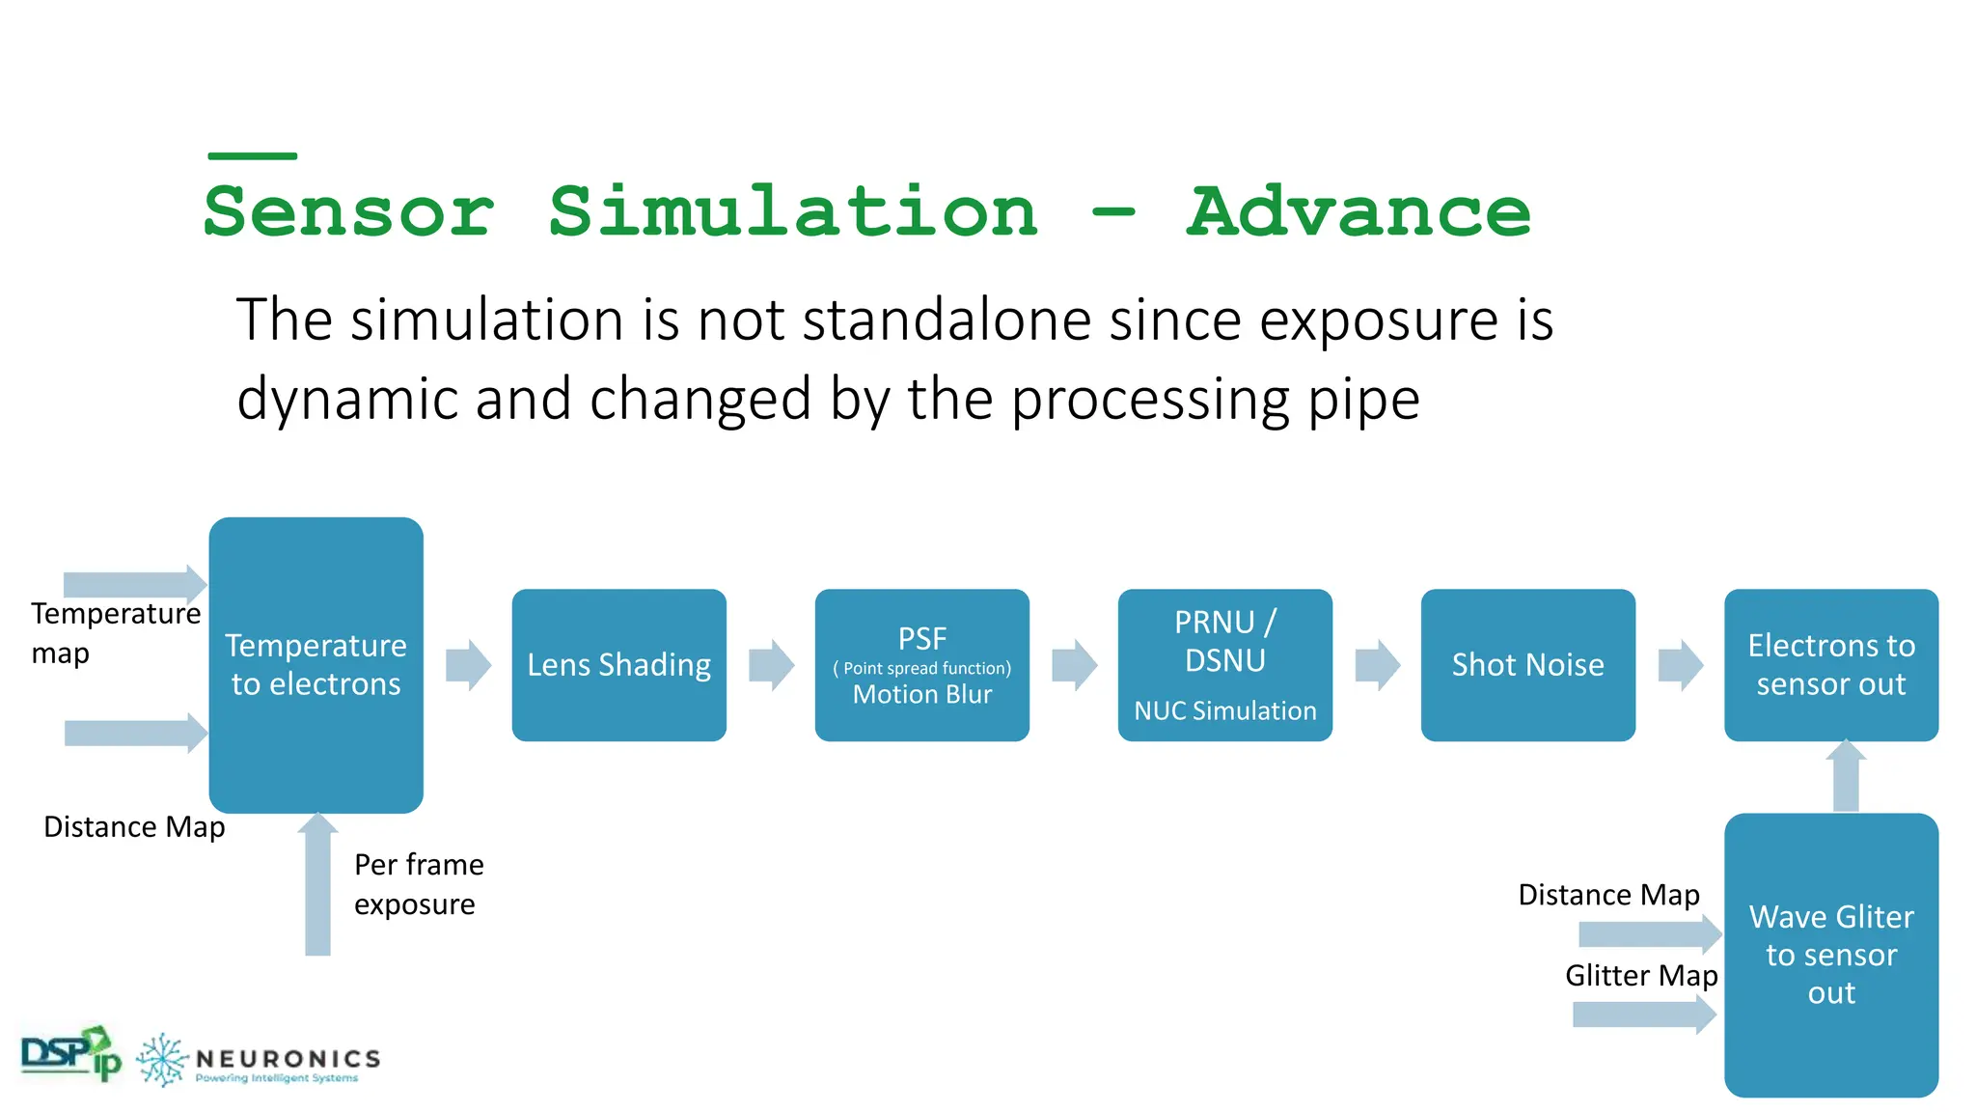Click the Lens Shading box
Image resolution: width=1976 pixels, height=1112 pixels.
(618, 665)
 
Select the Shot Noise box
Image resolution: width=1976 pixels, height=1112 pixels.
(1527, 665)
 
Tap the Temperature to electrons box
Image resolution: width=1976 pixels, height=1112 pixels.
(316, 665)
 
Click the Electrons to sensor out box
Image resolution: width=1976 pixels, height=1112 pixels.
(1830, 665)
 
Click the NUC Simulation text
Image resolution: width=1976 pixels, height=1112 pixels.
(1224, 711)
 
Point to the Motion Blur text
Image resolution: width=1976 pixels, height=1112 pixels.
(921, 695)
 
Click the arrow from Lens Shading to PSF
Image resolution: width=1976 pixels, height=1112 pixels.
(771, 665)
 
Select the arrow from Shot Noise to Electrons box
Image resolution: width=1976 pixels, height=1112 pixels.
(1680, 665)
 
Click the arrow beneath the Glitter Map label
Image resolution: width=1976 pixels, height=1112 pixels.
(1644, 1015)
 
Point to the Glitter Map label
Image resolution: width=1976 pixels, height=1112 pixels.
(1640, 976)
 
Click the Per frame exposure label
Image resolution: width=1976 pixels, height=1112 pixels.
(418, 884)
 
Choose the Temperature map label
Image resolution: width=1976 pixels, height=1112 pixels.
(115, 633)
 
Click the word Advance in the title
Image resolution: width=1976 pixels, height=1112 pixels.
(1358, 212)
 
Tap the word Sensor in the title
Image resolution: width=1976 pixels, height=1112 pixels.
(349, 212)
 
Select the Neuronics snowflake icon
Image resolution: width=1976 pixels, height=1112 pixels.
(161, 1060)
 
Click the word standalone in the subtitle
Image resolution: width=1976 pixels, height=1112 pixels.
(947, 320)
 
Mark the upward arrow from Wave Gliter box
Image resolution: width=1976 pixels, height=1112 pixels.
(1846, 777)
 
